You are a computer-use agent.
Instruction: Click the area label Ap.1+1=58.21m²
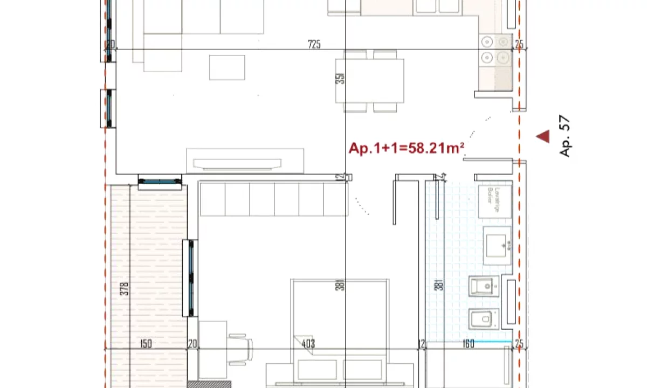pyautogui.click(x=407, y=148)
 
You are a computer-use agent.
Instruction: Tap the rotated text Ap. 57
pyautogui.click(x=565, y=138)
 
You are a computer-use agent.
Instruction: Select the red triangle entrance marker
pyautogui.click(x=542, y=137)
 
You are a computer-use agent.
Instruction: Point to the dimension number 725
pyautogui.click(x=314, y=45)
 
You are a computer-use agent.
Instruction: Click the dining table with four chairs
pyautogui.click(x=370, y=81)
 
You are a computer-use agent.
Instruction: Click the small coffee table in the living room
pyautogui.click(x=227, y=67)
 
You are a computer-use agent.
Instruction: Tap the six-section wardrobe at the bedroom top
pyautogui.click(x=273, y=199)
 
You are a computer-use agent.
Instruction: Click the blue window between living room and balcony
pyautogui.click(x=160, y=182)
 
